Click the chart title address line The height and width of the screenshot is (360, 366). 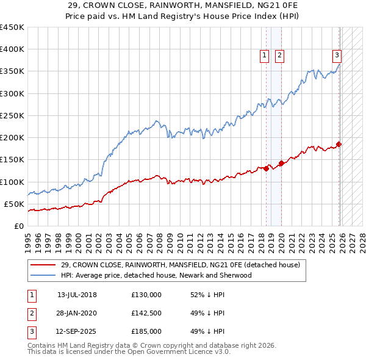point(182,5)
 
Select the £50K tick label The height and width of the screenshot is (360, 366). point(14,204)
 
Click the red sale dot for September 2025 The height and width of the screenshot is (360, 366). point(339,144)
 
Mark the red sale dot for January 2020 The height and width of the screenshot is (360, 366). point(281,163)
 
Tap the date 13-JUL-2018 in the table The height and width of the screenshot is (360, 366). point(77,295)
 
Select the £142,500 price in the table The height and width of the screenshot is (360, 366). point(146,313)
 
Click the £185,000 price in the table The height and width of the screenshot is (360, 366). point(146,331)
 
